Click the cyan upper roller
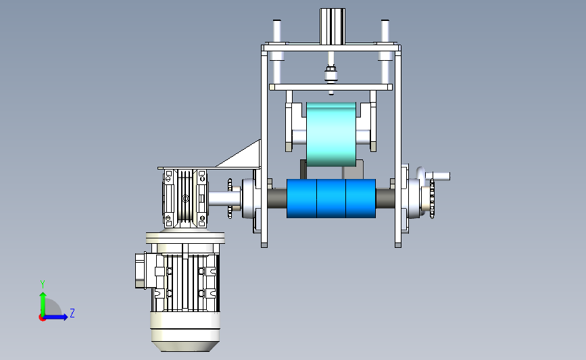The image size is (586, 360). click(x=331, y=134)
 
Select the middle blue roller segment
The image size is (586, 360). click(x=331, y=199)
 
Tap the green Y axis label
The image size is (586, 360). click(x=43, y=284)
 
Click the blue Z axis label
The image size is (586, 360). click(x=72, y=313)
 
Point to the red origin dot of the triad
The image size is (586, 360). click(x=42, y=318)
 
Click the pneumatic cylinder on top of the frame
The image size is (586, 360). click(x=333, y=26)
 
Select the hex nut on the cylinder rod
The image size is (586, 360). click(x=331, y=69)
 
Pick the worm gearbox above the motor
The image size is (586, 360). click(x=185, y=199)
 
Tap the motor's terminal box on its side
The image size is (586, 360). click(x=141, y=270)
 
